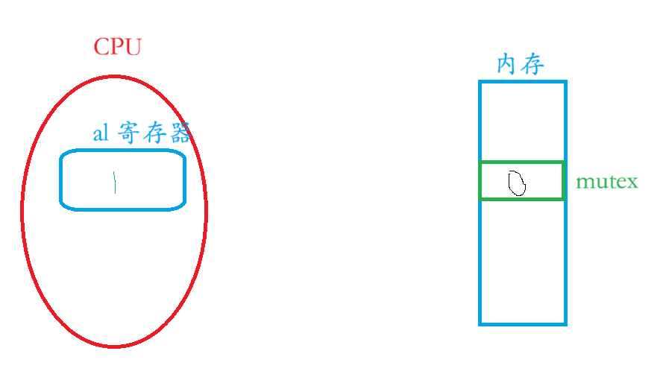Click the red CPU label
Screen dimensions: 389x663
pyautogui.click(x=117, y=47)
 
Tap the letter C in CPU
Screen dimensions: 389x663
pyautogui.click(x=101, y=47)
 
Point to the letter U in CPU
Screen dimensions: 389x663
pyautogui.click(x=133, y=47)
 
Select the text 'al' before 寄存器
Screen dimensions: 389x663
pyautogui.click(x=100, y=134)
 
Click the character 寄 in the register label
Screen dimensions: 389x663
pyautogui.click(x=129, y=133)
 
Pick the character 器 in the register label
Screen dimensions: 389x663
pyautogui.click(x=180, y=133)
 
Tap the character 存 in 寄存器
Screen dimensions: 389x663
pyautogui.click(x=154, y=133)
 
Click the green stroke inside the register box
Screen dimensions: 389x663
pyautogui.click(x=115, y=182)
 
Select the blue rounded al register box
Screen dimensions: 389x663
pyautogui.click(x=123, y=180)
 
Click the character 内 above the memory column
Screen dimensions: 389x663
pyautogui.click(x=507, y=65)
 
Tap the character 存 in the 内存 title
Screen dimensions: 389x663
pyautogui.click(x=532, y=65)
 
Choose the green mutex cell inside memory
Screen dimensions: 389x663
pyautogui.click(x=521, y=180)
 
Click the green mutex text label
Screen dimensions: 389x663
pyautogui.click(x=607, y=182)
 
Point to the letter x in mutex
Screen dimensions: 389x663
pyautogui.click(x=633, y=183)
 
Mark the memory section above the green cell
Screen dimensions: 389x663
pyautogui.click(x=523, y=121)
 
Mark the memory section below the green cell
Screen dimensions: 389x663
pyautogui.click(x=523, y=262)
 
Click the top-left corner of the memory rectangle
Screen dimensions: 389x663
pyautogui.click(x=480, y=82)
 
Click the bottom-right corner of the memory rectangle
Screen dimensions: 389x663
pyautogui.click(x=566, y=324)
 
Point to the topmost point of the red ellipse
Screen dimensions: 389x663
pyautogui.click(x=114, y=76)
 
